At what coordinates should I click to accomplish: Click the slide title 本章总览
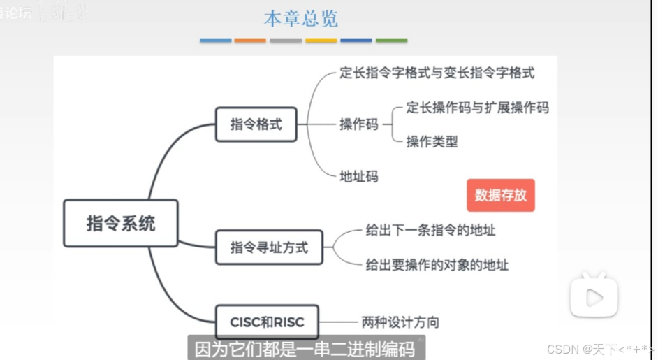click(x=300, y=19)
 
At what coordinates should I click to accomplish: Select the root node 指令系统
click(x=121, y=224)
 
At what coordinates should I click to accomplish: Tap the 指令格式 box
click(x=256, y=124)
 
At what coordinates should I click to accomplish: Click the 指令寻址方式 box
click(x=269, y=247)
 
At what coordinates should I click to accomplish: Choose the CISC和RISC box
click(x=267, y=322)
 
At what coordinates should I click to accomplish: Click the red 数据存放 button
click(x=501, y=195)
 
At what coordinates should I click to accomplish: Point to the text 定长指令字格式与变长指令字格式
click(x=437, y=72)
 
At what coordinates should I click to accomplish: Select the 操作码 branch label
click(x=359, y=124)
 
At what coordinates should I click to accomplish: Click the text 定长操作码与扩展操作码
click(x=478, y=108)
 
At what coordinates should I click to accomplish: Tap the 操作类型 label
click(x=432, y=141)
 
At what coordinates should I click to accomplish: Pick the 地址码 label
click(x=359, y=176)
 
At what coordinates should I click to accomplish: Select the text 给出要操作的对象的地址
click(x=437, y=264)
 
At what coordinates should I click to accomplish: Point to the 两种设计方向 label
click(x=400, y=322)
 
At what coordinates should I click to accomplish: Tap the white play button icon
click(x=594, y=297)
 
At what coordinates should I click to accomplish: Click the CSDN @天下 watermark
click(x=599, y=349)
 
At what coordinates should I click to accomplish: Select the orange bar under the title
click(x=250, y=41)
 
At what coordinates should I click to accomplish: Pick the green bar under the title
click(x=391, y=41)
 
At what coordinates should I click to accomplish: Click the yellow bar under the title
click(x=321, y=41)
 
